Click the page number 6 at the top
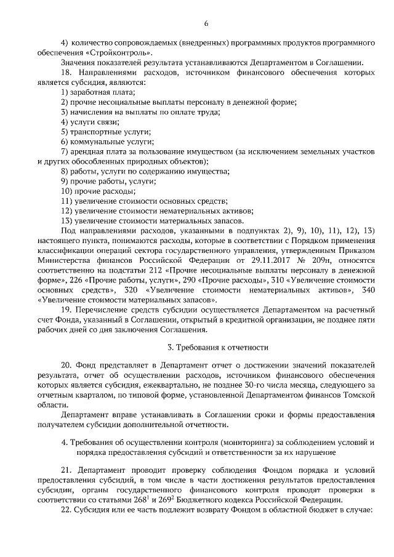pyautogui.click(x=206, y=23)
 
